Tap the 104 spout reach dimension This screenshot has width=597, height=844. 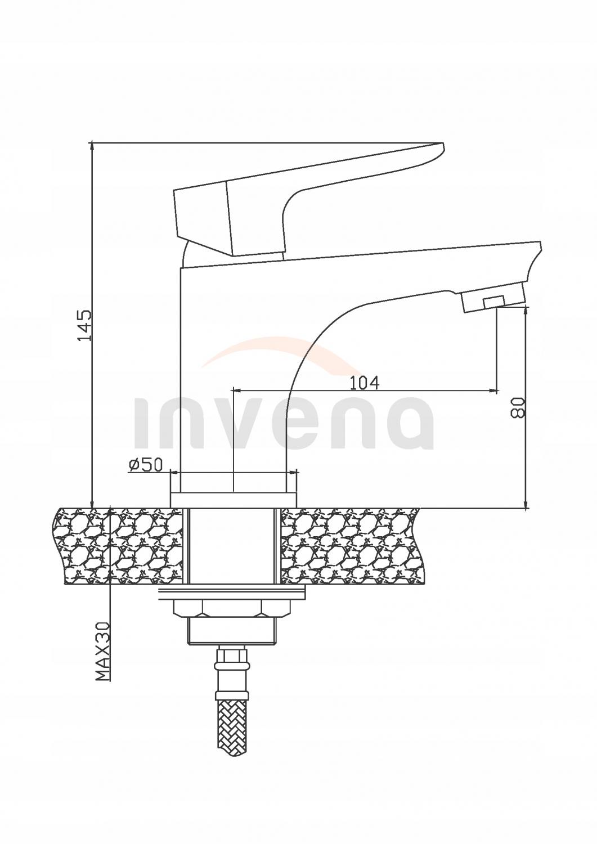pos(365,383)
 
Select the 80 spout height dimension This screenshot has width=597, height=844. pos(518,406)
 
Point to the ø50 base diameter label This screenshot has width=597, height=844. pos(145,464)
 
